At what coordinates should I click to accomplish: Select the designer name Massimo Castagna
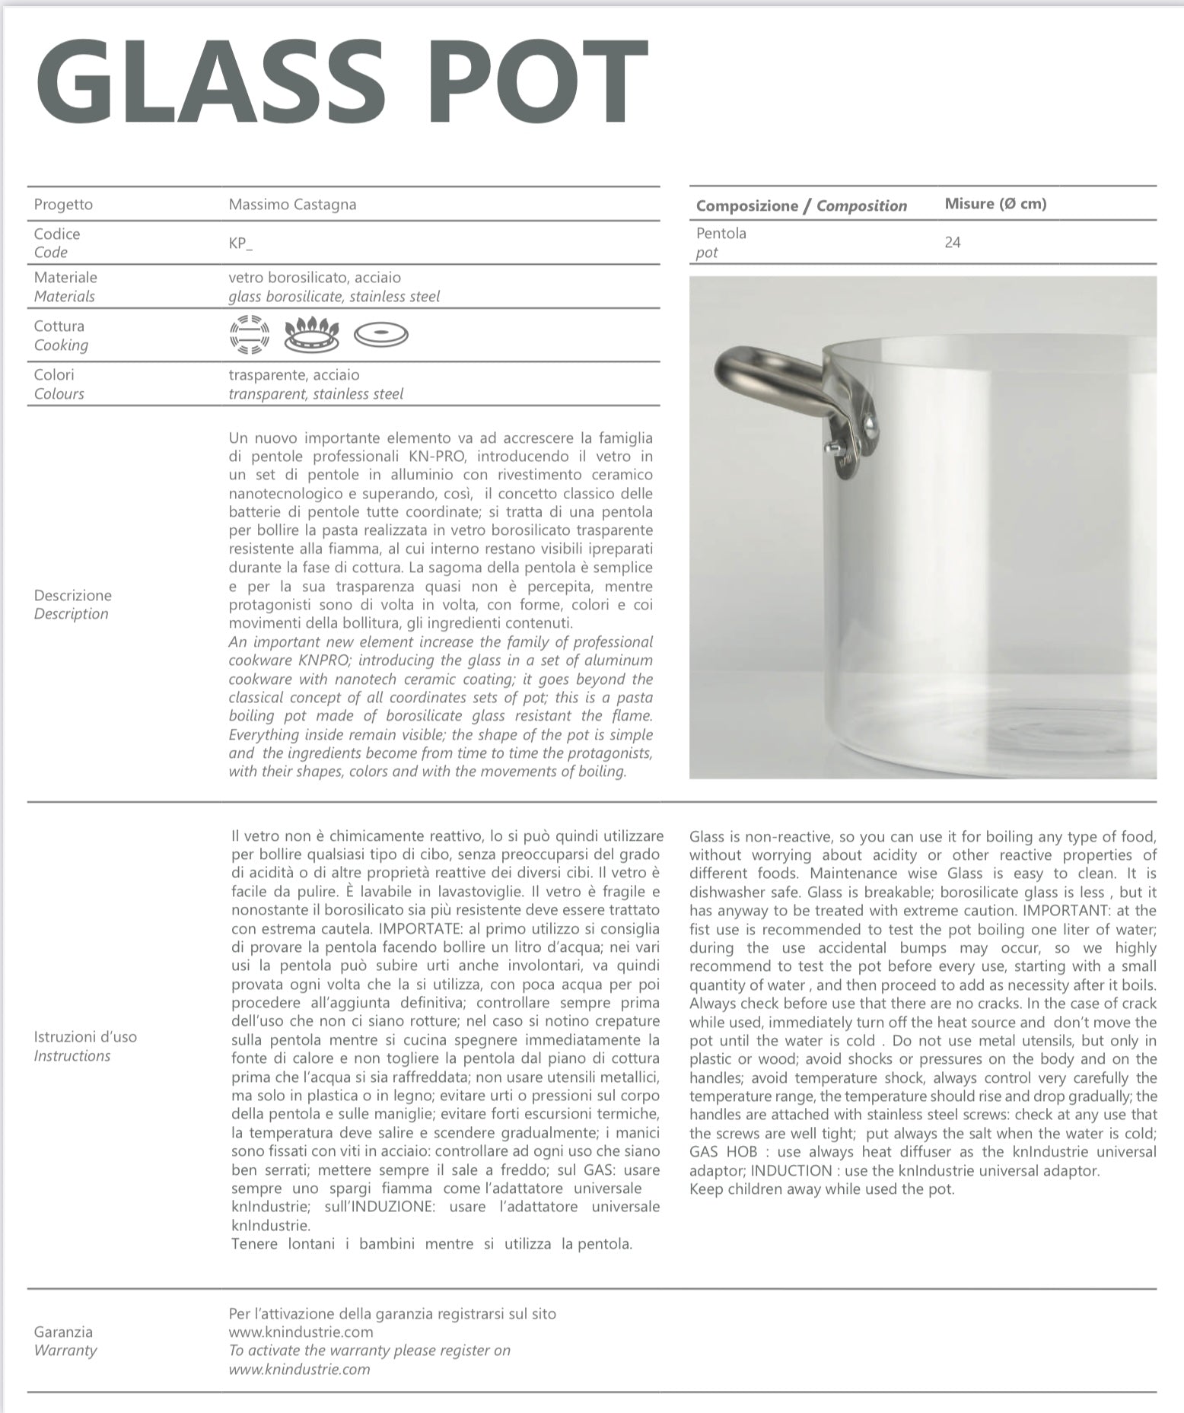coord(292,205)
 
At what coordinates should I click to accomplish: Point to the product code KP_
coord(240,243)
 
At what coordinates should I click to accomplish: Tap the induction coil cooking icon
coord(250,335)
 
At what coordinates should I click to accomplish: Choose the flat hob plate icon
coord(381,334)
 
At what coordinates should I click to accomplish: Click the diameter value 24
coord(953,243)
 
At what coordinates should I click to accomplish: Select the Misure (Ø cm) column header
coord(995,204)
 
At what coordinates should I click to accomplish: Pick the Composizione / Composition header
coord(801,205)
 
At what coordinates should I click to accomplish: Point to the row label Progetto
coord(63,205)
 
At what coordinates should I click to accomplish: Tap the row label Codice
coord(57,234)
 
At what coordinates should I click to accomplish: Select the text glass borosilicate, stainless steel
coord(334,297)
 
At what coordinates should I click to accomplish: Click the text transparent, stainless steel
coord(316,394)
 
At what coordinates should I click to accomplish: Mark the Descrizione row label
coord(72,595)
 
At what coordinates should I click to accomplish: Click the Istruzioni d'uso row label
coord(85,1037)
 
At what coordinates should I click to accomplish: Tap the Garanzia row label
coord(63,1332)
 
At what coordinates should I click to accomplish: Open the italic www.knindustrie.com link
coord(299,1370)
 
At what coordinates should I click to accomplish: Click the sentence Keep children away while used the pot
coord(822,1189)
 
